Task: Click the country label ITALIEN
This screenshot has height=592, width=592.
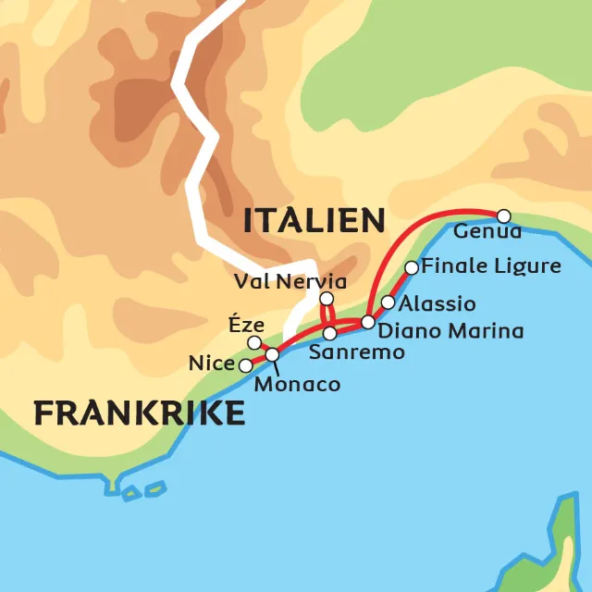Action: point(314,221)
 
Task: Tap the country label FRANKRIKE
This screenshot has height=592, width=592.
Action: point(140,413)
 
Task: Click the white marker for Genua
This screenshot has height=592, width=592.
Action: point(503,215)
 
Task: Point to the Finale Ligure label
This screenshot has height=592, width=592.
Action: point(491,266)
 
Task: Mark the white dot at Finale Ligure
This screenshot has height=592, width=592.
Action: point(412,268)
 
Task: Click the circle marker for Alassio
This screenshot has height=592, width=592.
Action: point(388,302)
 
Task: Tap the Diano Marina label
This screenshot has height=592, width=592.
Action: point(451,330)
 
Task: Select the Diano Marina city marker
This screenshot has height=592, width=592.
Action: point(367,322)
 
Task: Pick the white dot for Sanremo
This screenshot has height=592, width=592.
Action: point(329,333)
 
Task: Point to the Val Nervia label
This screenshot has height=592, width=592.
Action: point(290,281)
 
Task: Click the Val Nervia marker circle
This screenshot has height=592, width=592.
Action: point(326,298)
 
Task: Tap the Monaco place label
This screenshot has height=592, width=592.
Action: point(297,384)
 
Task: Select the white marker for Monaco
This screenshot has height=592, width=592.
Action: point(272,354)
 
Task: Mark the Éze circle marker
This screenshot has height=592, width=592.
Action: point(254,343)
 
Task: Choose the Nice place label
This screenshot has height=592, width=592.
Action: point(212,364)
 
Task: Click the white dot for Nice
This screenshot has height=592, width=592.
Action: point(245,365)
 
